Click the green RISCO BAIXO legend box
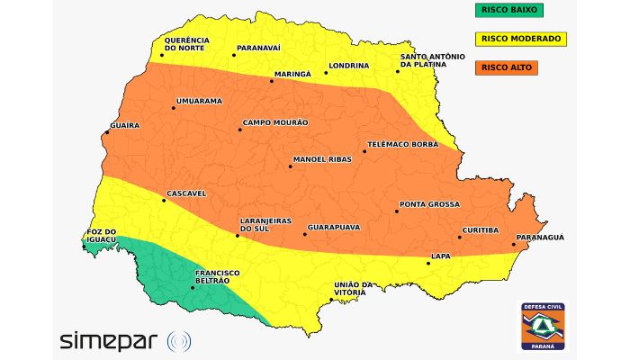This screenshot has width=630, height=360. (514, 10)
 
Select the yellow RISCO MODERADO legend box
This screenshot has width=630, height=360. (521, 39)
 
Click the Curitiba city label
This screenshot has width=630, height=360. (481, 230)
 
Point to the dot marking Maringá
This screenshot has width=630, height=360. (272, 81)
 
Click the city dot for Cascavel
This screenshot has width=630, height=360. (164, 200)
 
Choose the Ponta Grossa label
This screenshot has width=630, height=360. (429, 204)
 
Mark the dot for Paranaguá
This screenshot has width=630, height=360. (514, 244)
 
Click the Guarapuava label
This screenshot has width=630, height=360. (334, 227)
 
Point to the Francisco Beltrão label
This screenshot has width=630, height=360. (217, 276)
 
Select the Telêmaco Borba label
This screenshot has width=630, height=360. (402, 144)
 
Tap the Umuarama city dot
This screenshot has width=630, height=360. (174, 108)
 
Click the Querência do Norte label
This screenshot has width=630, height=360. (186, 44)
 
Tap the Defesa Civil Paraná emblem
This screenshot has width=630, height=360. (543, 325)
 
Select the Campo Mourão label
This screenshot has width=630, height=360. (275, 122)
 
